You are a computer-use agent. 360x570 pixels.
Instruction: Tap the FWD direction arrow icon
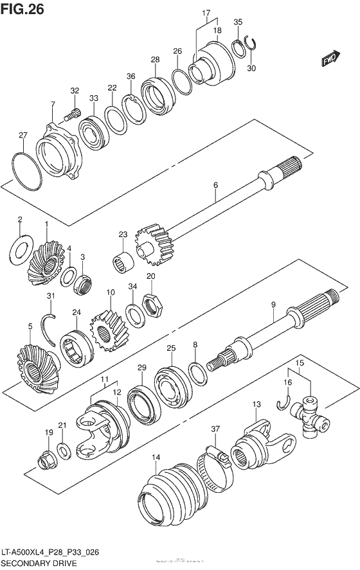pyautogui.click(x=330, y=60)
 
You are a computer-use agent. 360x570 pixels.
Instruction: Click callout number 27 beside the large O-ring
pyautogui.click(x=23, y=135)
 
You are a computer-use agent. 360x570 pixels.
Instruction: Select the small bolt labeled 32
pyautogui.click(x=72, y=116)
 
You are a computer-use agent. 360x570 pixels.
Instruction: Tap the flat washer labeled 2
pyautogui.click(x=21, y=245)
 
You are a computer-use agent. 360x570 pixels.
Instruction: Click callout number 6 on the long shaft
pyautogui.click(x=215, y=185)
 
